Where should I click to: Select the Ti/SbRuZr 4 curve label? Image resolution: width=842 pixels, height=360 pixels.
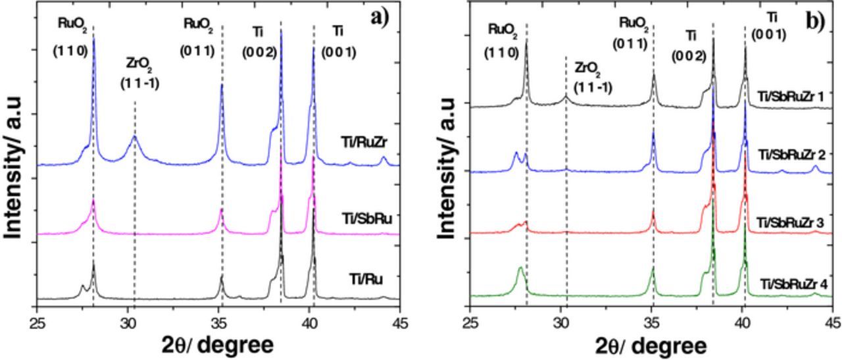tap(794, 284)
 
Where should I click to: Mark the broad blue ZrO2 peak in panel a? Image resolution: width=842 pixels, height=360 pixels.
tap(134, 138)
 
